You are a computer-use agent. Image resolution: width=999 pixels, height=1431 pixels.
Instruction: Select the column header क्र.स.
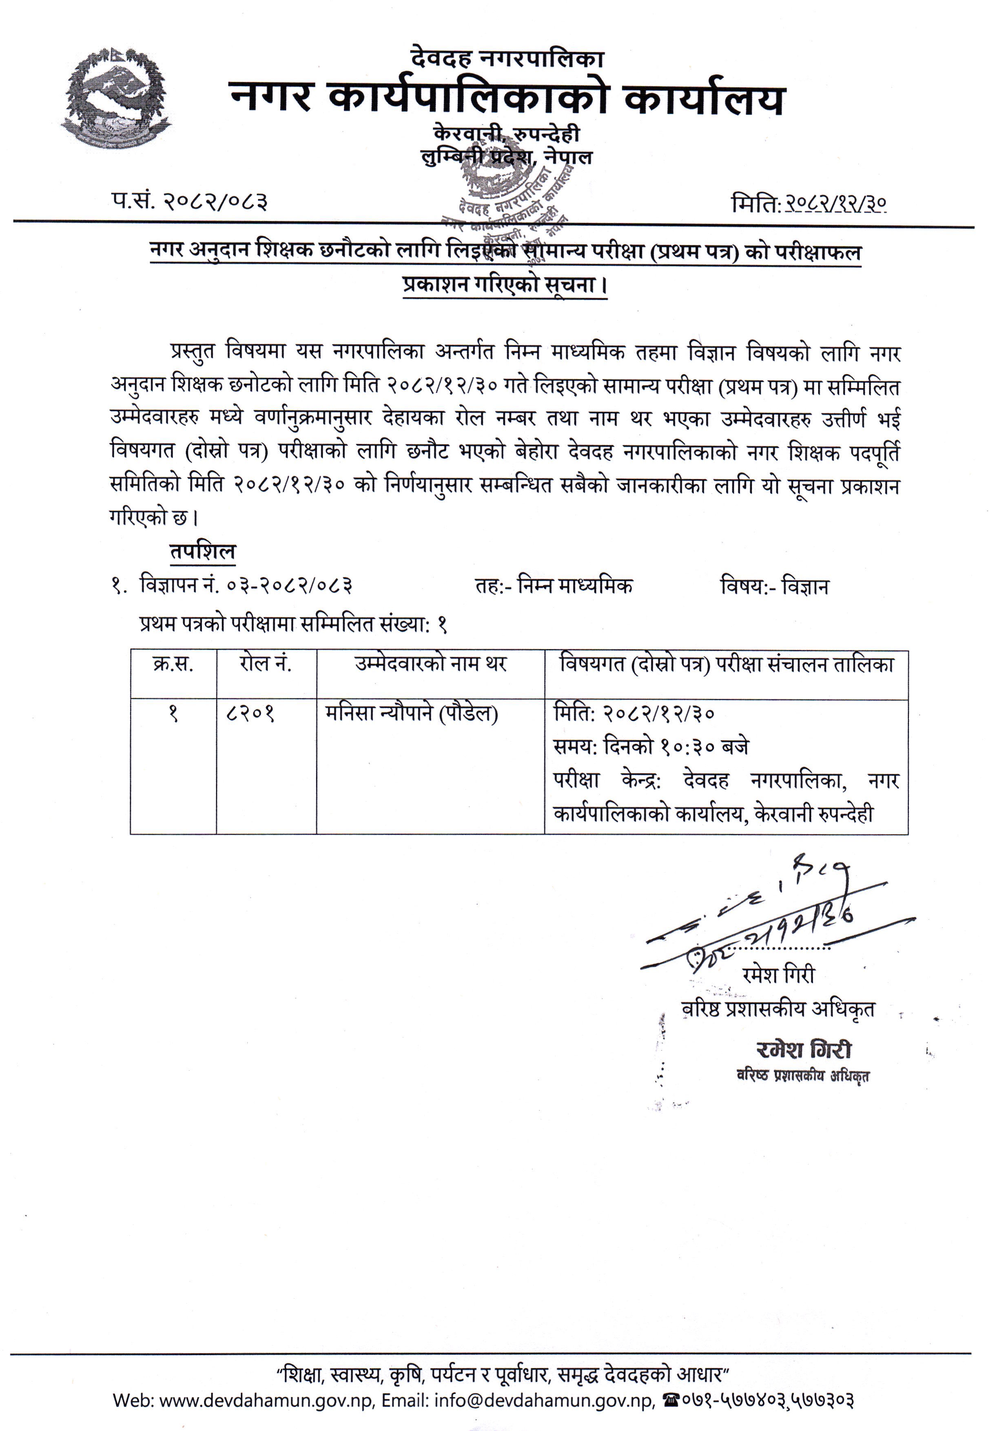tap(173, 664)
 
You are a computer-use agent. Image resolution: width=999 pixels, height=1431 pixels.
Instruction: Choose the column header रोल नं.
tap(266, 664)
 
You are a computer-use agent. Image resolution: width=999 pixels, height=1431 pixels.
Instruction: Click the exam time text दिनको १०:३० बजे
tap(676, 746)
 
